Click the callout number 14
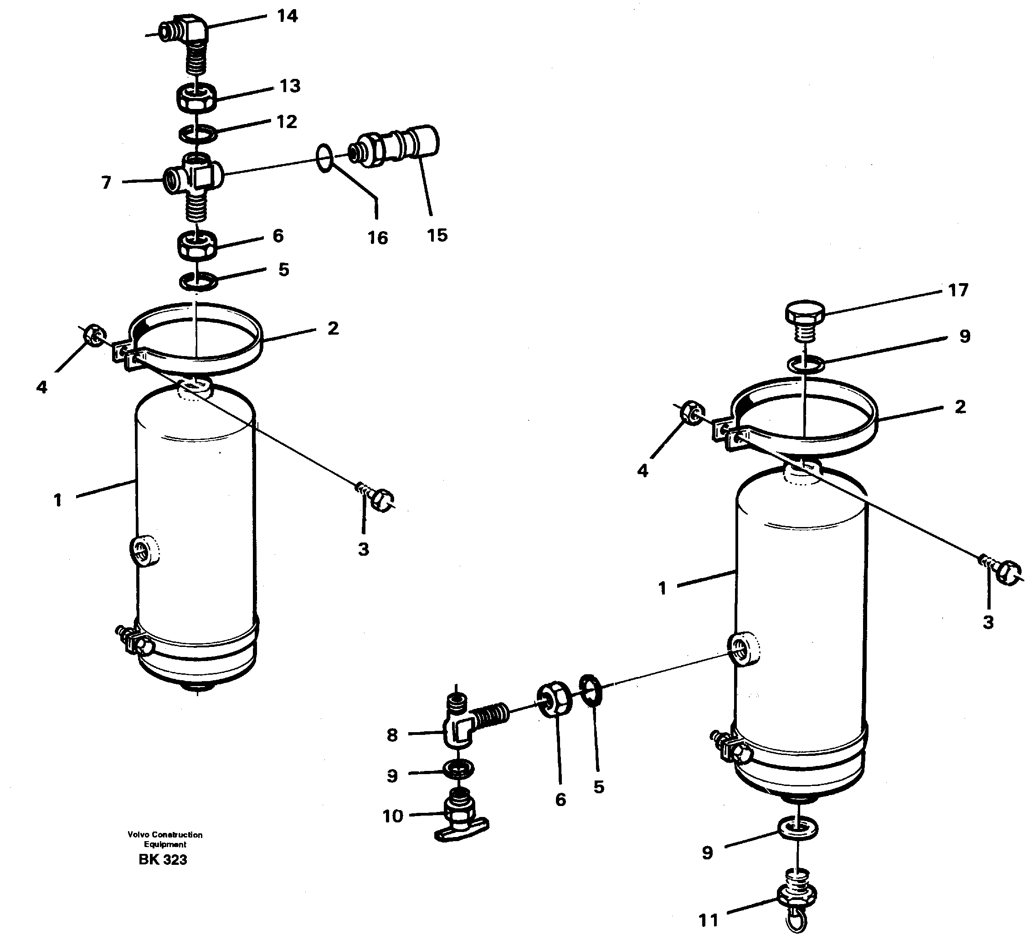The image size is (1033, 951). (287, 16)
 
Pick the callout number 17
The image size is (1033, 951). (958, 291)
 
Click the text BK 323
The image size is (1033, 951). (163, 860)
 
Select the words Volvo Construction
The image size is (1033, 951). (164, 835)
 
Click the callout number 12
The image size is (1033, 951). (287, 122)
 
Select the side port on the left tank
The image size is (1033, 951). (144, 551)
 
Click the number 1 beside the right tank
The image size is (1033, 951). (662, 588)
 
